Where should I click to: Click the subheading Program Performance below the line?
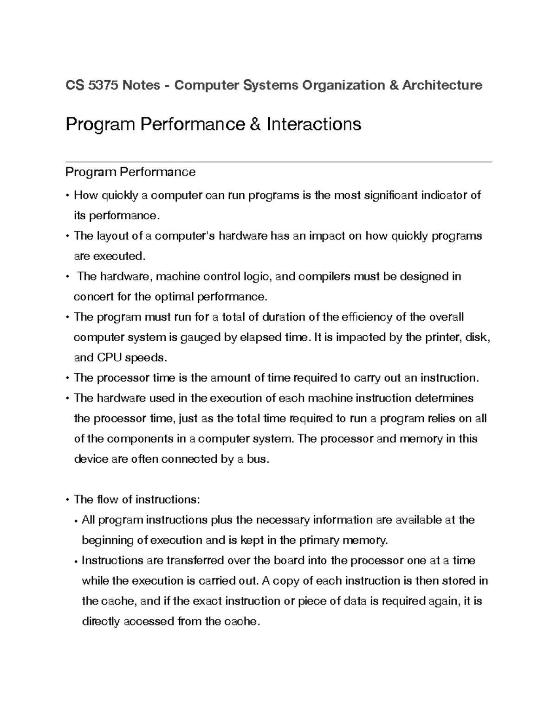(130, 172)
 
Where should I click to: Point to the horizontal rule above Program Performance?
(278, 162)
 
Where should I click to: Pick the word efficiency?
(367, 317)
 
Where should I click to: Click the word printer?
(440, 338)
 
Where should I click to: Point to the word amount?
(230, 378)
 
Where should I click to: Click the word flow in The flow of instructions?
(108, 500)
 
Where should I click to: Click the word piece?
(312, 601)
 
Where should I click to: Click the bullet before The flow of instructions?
(68, 500)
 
